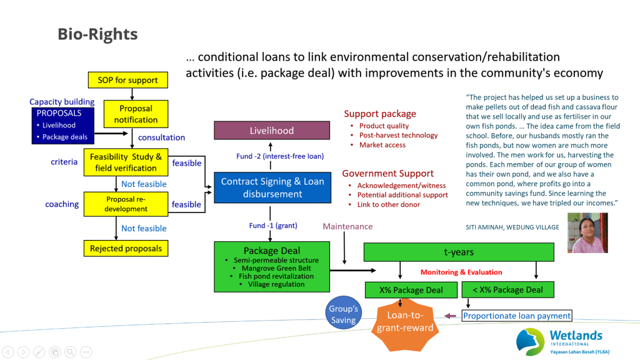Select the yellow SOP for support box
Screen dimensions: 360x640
click(127, 80)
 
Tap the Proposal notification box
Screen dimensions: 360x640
click(136, 114)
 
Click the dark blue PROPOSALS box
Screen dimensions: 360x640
click(62, 125)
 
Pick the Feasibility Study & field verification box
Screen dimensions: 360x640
click(126, 162)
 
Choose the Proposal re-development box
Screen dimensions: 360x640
click(126, 204)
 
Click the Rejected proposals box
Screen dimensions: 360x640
click(126, 248)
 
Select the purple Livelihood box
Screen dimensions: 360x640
click(272, 131)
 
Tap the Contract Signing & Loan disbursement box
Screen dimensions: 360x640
click(272, 187)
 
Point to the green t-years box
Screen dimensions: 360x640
click(459, 252)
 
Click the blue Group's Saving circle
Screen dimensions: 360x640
click(343, 314)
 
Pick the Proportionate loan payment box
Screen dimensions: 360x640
click(517, 316)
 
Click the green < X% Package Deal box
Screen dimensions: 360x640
click(507, 290)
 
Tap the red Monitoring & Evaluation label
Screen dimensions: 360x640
click(461, 272)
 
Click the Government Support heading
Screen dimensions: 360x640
click(387, 173)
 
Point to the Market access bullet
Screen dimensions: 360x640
click(382, 145)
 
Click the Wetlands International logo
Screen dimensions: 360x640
click(562, 341)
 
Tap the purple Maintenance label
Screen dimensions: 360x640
click(347, 226)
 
